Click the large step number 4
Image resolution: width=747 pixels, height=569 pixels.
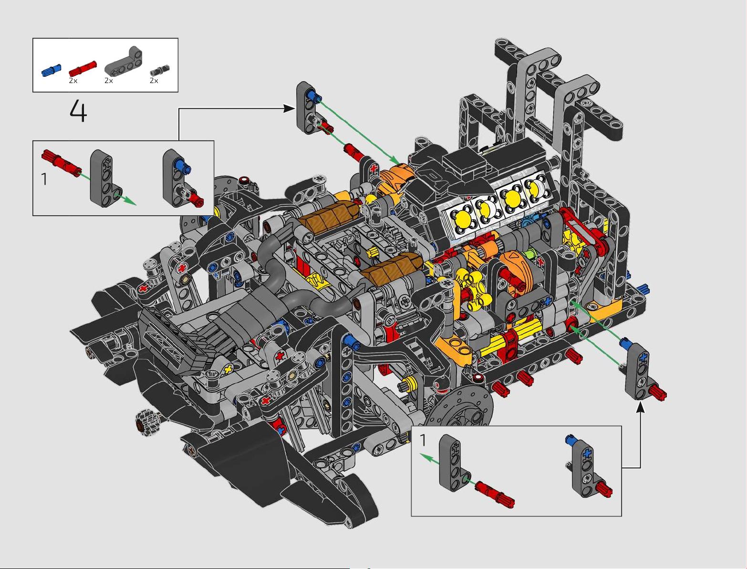pos(78,111)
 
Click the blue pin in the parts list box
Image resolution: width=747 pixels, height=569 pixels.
pos(52,70)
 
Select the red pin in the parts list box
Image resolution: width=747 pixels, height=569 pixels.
pos(83,68)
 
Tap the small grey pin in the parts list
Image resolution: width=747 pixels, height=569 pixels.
pos(160,69)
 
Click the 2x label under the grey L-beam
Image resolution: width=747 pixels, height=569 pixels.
pos(109,81)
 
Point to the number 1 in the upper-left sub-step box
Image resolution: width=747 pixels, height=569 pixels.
pos(44,179)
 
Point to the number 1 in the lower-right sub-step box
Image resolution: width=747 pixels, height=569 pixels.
pos(423,440)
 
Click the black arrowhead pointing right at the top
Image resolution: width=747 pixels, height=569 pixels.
pos(289,108)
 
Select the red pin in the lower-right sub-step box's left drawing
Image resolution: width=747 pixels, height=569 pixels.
pos(495,491)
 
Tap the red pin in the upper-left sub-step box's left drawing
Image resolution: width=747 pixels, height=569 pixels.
pos(62,161)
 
